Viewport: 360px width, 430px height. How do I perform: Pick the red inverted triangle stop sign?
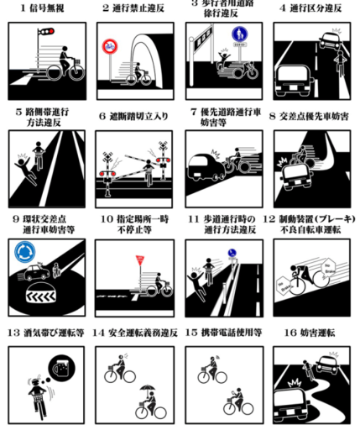coord(139,261)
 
